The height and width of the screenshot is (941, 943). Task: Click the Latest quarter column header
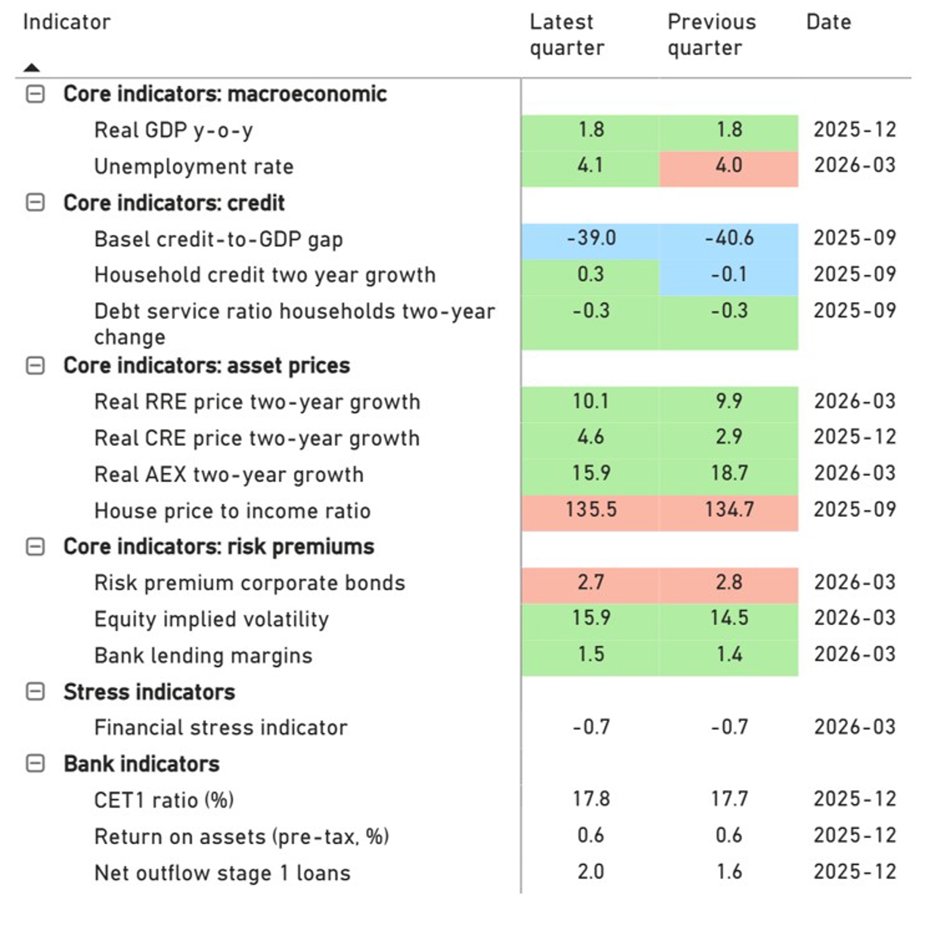point(566,35)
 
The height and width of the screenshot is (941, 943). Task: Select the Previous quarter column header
point(711,35)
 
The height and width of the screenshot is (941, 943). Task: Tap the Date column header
point(828,22)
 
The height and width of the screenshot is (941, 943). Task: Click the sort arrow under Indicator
point(32,68)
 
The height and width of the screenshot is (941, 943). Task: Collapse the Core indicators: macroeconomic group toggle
point(35,94)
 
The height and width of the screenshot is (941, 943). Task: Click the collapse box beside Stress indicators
point(35,691)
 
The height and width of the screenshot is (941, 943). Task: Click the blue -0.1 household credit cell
point(728,274)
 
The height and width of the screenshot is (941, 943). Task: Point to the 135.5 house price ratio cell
point(591,509)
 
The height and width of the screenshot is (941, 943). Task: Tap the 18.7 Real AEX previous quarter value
point(728,473)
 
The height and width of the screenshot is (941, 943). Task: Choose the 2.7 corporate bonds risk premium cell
point(591,582)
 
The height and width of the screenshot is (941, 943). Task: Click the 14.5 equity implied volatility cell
point(728,618)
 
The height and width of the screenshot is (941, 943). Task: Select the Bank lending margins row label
point(203,655)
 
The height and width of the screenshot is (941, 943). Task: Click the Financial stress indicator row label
point(221,728)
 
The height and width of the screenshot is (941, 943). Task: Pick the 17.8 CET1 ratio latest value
point(591,799)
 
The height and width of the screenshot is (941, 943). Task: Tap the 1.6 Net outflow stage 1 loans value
point(728,872)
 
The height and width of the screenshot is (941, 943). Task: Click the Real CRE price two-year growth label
point(257,438)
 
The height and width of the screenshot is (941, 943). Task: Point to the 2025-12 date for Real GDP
point(855,130)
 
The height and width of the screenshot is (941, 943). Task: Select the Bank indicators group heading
point(141,764)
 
